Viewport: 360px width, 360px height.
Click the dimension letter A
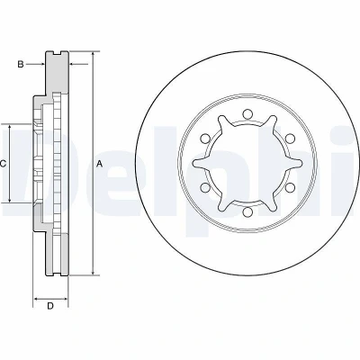(x=100, y=164)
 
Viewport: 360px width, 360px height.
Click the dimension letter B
(x=21, y=64)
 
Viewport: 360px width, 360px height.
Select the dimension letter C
(x=3, y=164)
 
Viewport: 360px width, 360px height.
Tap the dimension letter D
(x=50, y=306)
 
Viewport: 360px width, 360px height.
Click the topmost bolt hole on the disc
(x=247, y=114)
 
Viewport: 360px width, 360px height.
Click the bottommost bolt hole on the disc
(x=247, y=212)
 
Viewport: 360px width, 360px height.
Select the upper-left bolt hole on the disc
(x=205, y=139)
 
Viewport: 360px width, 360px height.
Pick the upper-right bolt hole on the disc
(x=290, y=139)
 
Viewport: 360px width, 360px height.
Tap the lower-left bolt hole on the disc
(x=205, y=188)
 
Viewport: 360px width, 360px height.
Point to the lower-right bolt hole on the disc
(x=290, y=188)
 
